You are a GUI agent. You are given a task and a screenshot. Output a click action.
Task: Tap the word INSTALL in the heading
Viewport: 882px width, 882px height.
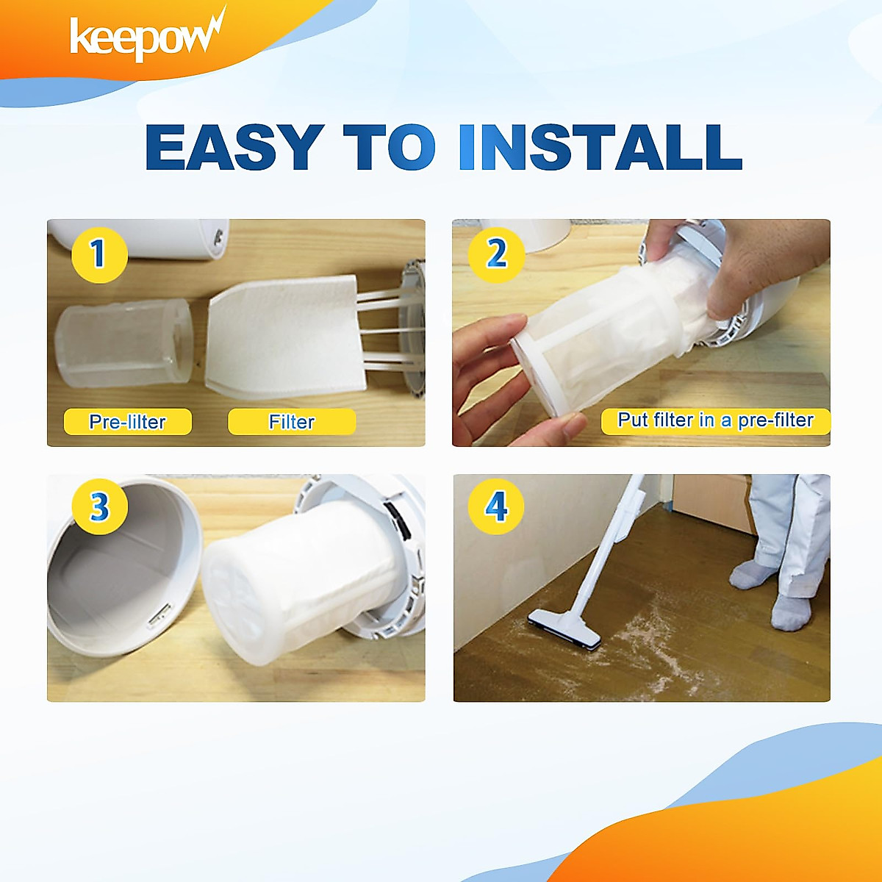(x=600, y=147)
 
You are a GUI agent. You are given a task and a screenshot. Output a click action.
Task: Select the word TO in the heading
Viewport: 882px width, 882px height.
(x=389, y=147)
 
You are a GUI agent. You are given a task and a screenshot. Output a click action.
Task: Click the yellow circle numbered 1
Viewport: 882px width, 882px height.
(x=99, y=254)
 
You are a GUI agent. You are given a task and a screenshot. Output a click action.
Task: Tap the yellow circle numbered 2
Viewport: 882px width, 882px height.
(x=496, y=254)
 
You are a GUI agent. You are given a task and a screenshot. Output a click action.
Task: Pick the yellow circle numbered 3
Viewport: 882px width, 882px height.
(x=99, y=506)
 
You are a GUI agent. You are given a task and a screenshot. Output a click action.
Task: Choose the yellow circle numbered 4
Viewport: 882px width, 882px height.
(x=496, y=506)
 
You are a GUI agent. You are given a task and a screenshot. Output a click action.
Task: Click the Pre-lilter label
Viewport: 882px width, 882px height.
(x=127, y=422)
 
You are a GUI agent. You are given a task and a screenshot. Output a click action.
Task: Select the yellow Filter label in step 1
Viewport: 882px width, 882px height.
(x=292, y=422)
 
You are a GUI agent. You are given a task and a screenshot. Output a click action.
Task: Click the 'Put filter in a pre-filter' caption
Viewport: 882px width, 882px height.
(x=715, y=420)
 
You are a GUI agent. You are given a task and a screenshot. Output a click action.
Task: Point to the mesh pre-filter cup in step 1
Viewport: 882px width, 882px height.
(x=123, y=344)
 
